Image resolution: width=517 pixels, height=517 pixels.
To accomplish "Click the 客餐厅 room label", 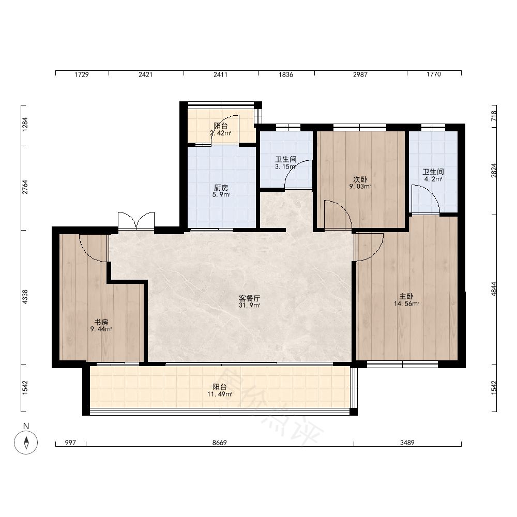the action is pos(250,298).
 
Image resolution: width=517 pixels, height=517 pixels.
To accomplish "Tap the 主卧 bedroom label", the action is pos(406,296).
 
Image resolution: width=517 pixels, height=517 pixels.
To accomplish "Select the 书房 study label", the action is pos(101,322).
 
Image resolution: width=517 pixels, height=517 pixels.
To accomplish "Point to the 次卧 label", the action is pos(360,179).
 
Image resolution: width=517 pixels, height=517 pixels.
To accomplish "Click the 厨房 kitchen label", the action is pos(221,188).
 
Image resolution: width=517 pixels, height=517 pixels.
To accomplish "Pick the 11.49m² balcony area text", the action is pos(220,394).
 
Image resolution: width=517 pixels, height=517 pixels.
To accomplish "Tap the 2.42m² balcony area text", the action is pos(221,133).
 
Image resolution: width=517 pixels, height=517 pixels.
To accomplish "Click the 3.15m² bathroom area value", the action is pos(285,166).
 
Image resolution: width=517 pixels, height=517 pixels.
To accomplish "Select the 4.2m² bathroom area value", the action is pos(433,179).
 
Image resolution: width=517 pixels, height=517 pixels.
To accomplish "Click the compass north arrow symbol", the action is pos(26,442).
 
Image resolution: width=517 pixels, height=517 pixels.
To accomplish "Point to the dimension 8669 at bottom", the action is pos(220,443).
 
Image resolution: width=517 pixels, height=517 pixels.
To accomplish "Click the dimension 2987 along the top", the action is pos(360,74).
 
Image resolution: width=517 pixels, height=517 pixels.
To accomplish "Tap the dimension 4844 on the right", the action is pos(494,289).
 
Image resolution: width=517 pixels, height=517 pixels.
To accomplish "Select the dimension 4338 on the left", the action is pos(25,297).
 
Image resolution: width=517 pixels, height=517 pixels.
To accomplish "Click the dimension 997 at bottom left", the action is pos(70,443).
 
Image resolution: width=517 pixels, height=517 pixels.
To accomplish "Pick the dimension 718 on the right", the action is pos(494,116).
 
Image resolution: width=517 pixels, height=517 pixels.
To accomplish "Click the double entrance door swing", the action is pos(136,221).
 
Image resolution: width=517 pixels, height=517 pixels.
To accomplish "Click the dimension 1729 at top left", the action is pos(82,74).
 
